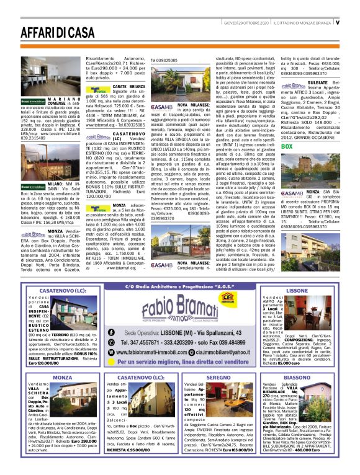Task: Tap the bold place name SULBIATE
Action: click(x=325, y=81)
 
